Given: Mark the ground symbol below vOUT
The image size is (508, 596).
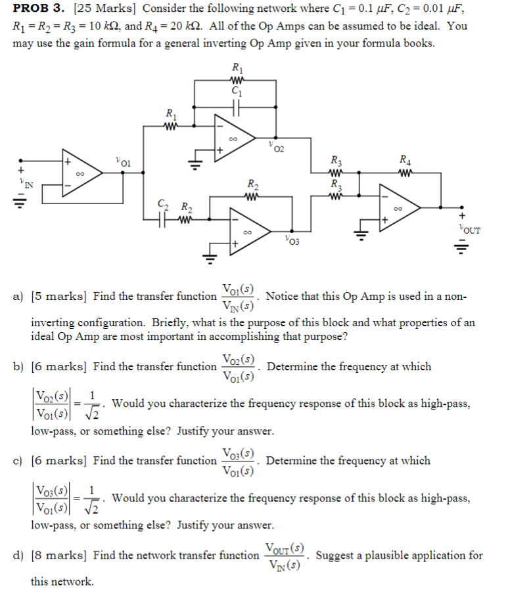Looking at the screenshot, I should click(462, 248).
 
